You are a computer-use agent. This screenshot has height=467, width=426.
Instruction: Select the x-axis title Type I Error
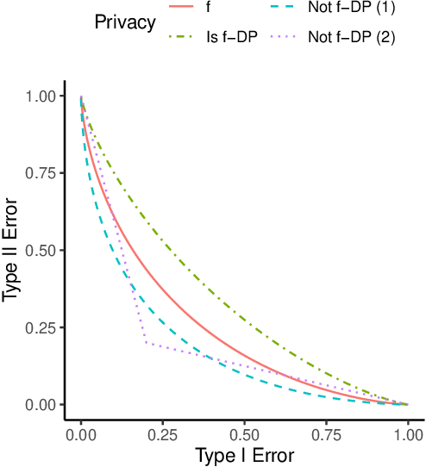pos(245,454)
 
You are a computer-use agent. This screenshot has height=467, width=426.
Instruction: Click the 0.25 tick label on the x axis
pos(163,431)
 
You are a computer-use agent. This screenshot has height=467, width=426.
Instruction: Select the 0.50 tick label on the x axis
pos(245,431)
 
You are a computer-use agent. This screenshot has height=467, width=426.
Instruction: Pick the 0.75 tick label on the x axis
pos(326,431)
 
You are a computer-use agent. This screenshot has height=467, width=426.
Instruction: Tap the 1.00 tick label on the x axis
pos(407,431)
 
